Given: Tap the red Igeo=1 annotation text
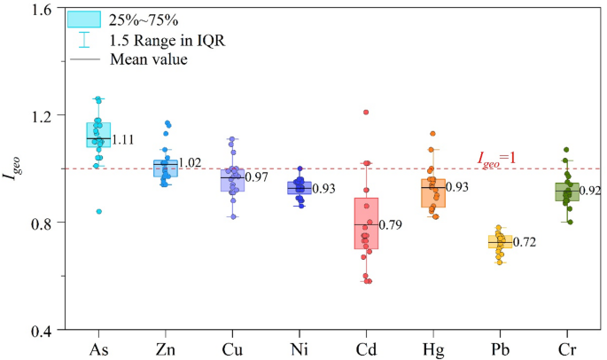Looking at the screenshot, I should tap(496, 159).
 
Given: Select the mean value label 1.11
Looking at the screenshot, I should tap(123, 139).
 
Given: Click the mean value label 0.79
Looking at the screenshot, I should tap(392, 225).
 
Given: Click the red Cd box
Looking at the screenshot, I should tap(366, 223).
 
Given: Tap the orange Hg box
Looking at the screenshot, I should tap(433, 192).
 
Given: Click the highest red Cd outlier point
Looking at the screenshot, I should tap(365, 113).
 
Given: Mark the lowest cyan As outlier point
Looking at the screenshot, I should tap(99, 212).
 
